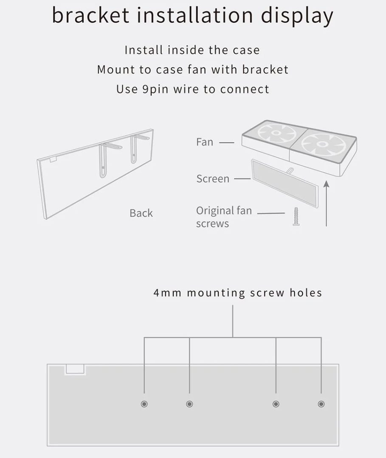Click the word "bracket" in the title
pyautogui.click(x=90, y=15)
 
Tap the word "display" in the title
pyautogui.click(x=296, y=16)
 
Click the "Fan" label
pyautogui.click(x=205, y=142)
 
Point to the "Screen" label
pyautogui.click(x=213, y=179)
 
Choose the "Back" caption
pyautogui.click(x=141, y=213)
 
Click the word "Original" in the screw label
pyautogui.click(x=215, y=211)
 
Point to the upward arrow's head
pyautogui.click(x=326, y=184)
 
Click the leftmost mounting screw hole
pyautogui.click(x=144, y=404)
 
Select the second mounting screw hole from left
pyautogui.click(x=189, y=404)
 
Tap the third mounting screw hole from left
pyautogui.click(x=276, y=404)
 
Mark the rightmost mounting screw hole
pyautogui.click(x=321, y=404)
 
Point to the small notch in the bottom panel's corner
pyautogui.click(x=75, y=369)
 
